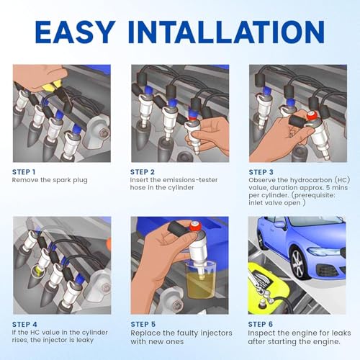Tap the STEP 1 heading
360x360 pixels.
click(x=24, y=172)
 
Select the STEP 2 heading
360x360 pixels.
click(x=143, y=172)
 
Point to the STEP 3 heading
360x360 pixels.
click(x=261, y=172)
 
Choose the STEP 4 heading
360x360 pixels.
click(x=24, y=325)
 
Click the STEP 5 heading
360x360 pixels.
click(x=143, y=325)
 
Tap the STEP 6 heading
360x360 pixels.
click(x=261, y=325)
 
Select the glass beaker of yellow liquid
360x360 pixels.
click(x=201, y=280)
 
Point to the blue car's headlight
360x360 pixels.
click(x=323, y=251)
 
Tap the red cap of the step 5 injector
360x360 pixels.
click(x=197, y=227)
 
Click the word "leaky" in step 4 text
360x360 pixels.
click(x=85, y=340)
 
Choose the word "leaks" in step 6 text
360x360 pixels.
click(x=341, y=333)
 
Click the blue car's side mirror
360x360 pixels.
click(x=280, y=225)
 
